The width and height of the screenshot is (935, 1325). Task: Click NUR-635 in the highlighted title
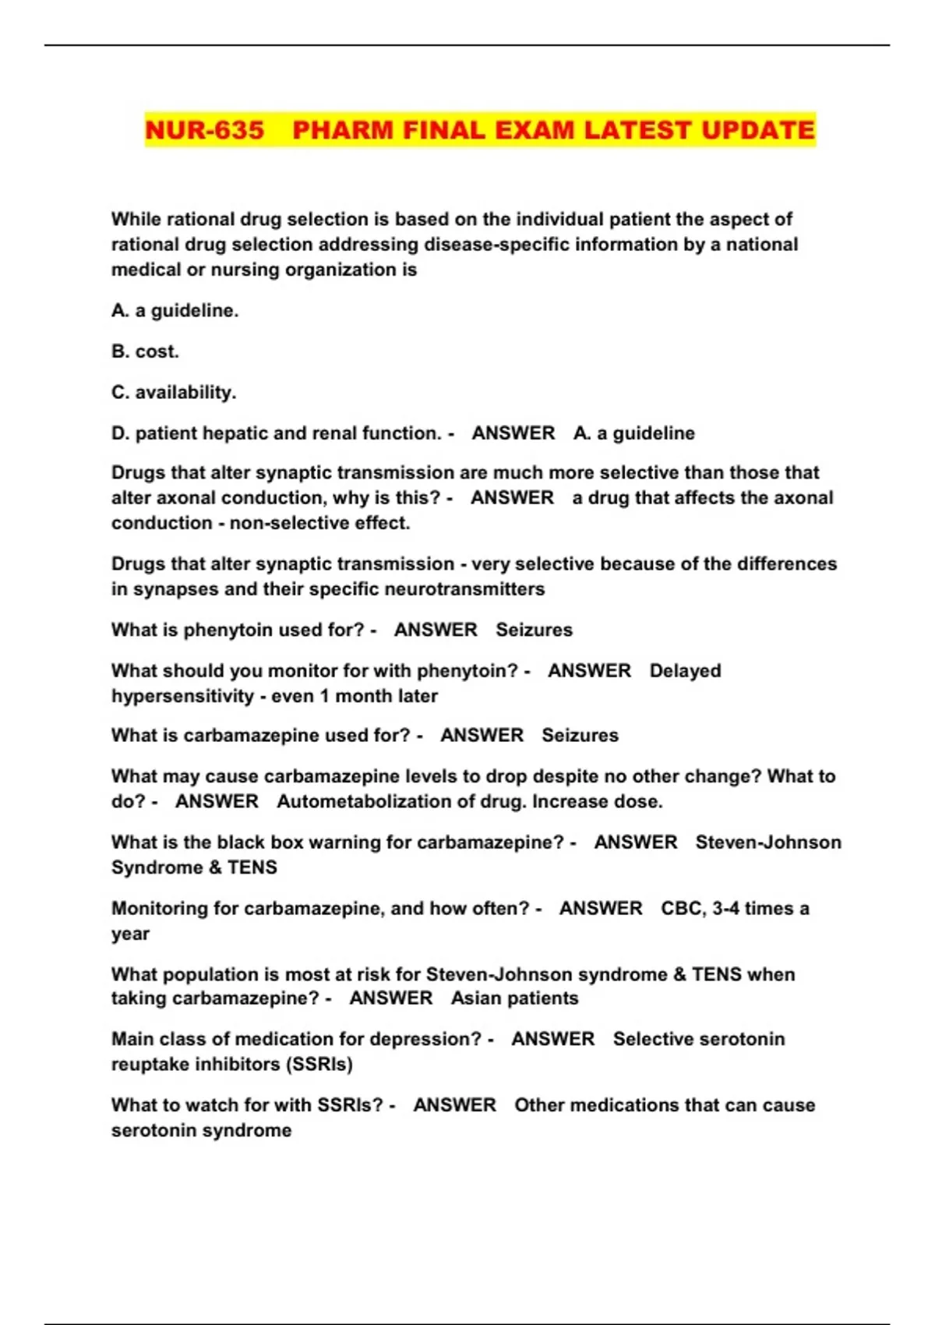205,130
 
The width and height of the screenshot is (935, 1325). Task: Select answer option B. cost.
145,352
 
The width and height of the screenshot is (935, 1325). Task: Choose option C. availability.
173,392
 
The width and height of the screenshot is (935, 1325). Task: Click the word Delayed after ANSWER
685,671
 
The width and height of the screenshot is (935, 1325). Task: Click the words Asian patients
514,998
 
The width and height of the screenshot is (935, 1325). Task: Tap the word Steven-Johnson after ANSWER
768,843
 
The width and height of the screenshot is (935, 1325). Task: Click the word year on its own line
130,934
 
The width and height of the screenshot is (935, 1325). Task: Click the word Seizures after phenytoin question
534,630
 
